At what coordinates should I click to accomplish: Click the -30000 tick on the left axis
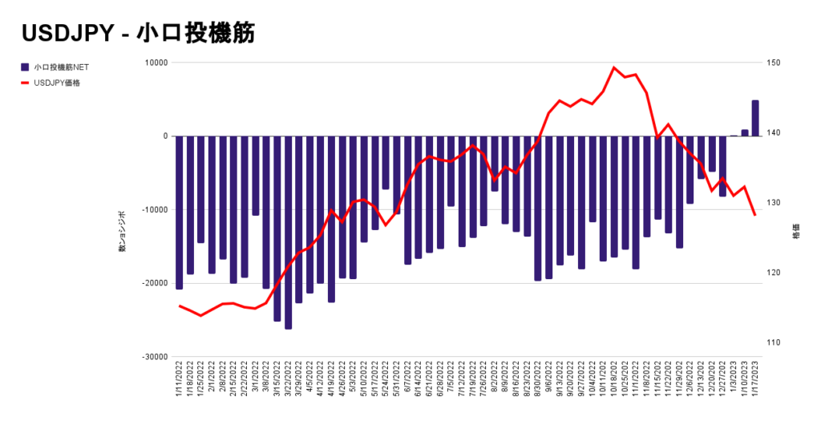click(x=153, y=357)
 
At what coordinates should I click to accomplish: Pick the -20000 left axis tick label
click(x=153, y=283)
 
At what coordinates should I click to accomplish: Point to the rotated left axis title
click(x=123, y=233)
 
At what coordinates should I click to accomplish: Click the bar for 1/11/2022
click(x=180, y=213)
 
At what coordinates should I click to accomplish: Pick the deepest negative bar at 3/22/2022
click(x=288, y=233)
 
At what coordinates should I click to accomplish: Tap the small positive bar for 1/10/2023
click(x=745, y=133)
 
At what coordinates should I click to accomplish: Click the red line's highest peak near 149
click(x=614, y=67)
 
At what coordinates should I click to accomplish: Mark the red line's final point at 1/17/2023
click(x=755, y=215)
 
